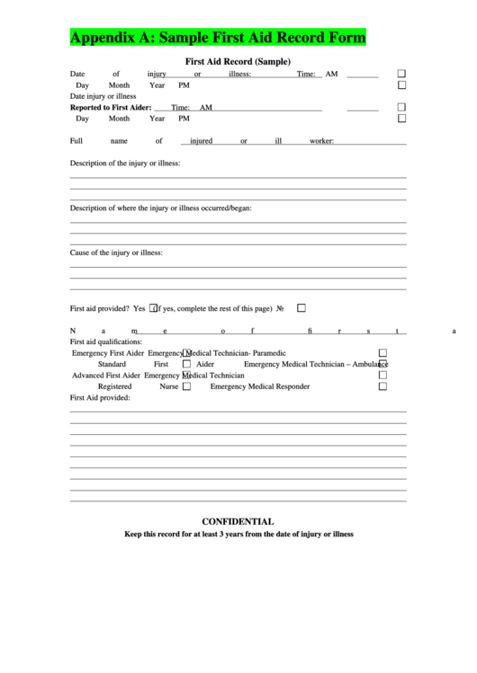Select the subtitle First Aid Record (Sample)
click(238, 62)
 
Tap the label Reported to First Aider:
click(111, 107)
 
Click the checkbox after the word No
click(301, 307)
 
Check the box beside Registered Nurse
click(186, 386)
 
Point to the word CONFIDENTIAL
click(238, 521)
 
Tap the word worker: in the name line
click(321, 141)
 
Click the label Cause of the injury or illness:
click(116, 252)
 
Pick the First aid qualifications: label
click(106, 341)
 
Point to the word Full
click(76, 141)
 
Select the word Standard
click(112, 364)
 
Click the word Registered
click(115, 386)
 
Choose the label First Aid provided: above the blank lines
click(100, 397)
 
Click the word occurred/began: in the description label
click(226, 208)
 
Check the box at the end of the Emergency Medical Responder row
click(382, 386)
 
